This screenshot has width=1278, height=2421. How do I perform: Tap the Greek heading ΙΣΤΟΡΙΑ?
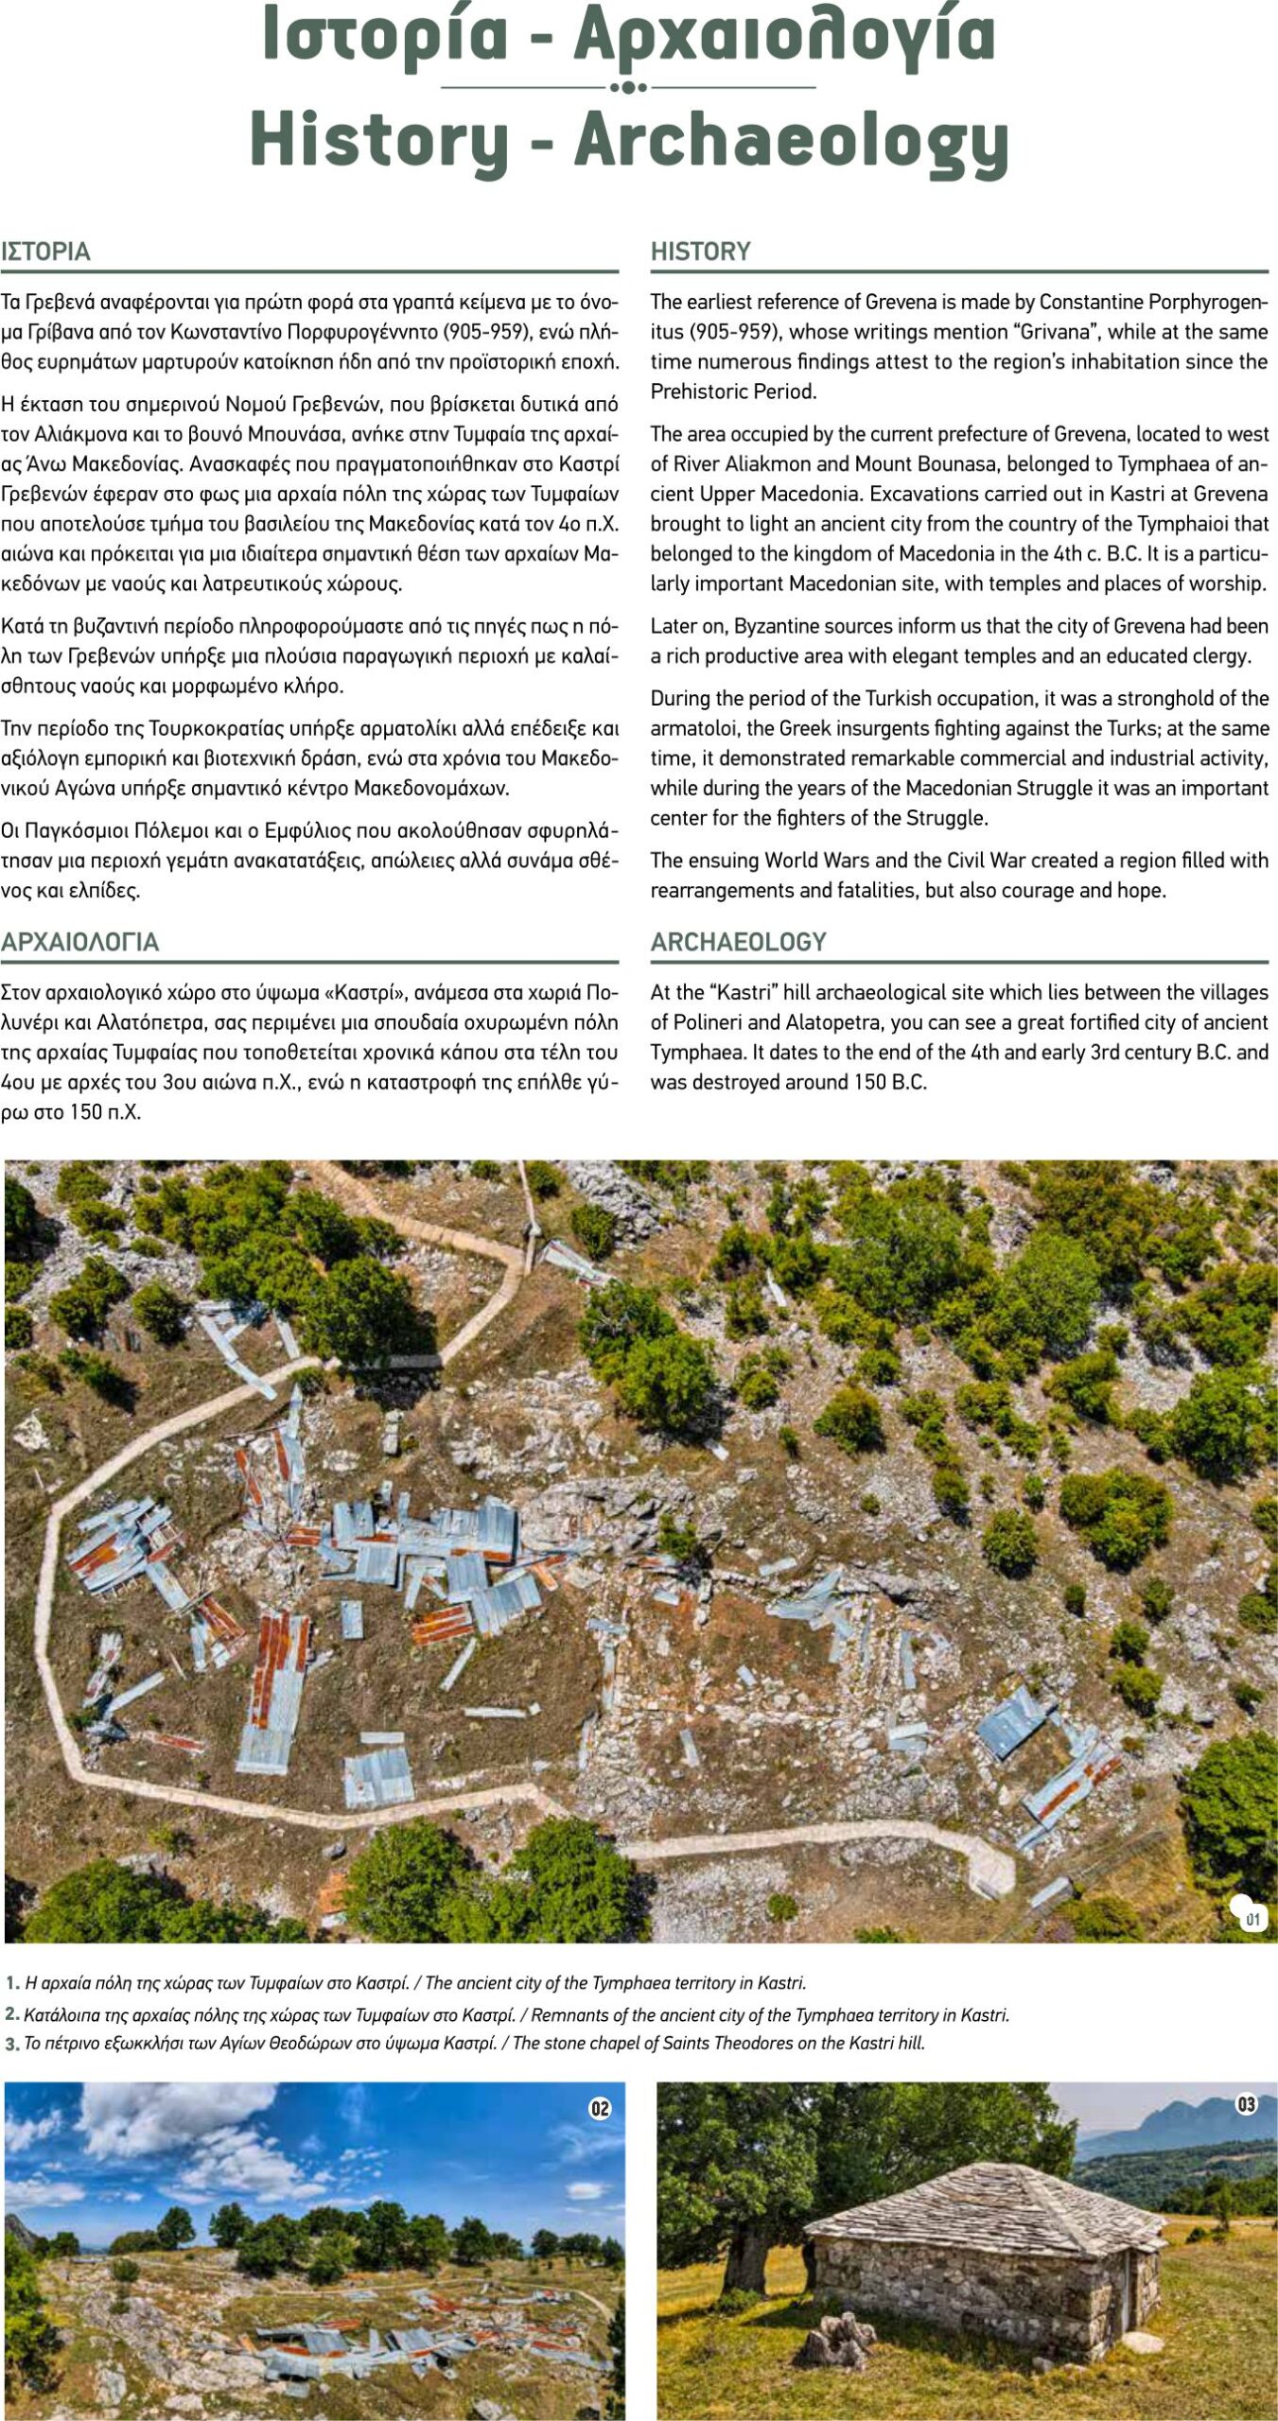coord(45,252)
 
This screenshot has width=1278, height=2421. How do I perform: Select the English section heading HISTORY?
coord(700,252)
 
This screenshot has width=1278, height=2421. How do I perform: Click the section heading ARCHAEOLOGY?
coord(738,942)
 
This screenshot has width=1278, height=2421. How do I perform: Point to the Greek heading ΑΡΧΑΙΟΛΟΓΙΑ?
coord(79,942)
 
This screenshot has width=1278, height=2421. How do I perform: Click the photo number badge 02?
coord(600,2109)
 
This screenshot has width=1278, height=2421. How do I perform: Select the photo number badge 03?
coord(1247,2105)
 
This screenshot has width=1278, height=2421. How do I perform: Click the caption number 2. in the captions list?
coord(12,2015)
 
